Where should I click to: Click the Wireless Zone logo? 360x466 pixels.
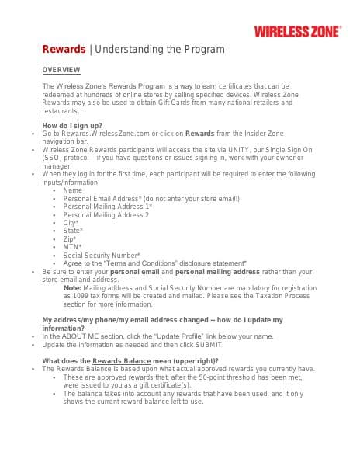click(296, 31)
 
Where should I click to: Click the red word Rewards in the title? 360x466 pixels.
click(64, 50)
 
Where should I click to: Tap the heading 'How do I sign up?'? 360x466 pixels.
click(71, 125)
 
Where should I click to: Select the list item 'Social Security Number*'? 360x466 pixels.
click(102, 256)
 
